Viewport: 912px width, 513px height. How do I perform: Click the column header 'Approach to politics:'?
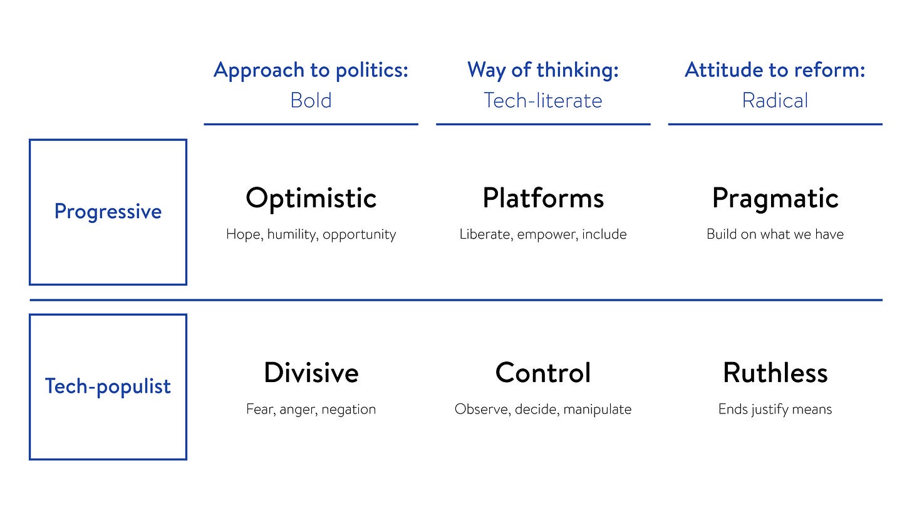pos(311,70)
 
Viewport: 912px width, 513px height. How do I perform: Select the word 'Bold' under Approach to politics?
pos(311,100)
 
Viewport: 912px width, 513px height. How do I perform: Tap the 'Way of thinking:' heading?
pos(543,70)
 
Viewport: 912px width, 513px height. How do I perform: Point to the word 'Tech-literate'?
pos(543,100)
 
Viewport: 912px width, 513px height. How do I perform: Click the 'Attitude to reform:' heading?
pos(775,70)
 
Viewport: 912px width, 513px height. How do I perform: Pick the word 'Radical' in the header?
pos(775,100)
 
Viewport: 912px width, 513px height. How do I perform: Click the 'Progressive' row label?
pos(108,212)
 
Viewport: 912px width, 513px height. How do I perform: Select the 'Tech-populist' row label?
pos(108,386)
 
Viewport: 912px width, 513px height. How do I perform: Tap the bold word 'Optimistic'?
pos(311,199)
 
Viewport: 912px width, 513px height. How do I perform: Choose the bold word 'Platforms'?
pos(543,198)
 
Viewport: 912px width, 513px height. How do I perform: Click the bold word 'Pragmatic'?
pos(775,199)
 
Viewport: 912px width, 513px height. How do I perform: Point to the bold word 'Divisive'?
pos(311,373)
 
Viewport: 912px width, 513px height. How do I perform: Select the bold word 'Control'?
pos(543,373)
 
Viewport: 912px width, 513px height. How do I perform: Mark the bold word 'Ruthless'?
pos(775,373)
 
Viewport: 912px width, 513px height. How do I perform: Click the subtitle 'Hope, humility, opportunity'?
pos(311,234)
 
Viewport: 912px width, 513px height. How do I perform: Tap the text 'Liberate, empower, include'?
pos(543,234)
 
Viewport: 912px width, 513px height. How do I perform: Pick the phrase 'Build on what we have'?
pos(775,234)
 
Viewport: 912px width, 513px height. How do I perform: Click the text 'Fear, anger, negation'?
pos(311,409)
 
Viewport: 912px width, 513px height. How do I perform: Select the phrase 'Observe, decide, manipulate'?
pos(543,409)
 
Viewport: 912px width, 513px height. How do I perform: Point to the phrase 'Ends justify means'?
pos(775,409)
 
